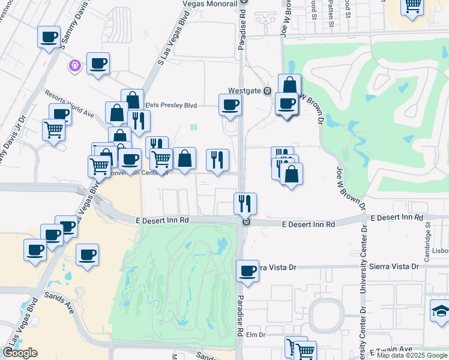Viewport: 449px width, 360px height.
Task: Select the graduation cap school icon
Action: click(441, 311)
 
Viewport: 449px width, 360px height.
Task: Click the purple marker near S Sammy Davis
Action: click(74, 65)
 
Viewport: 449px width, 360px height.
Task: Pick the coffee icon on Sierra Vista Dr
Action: click(247, 271)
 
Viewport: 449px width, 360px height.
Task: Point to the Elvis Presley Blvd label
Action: click(171, 105)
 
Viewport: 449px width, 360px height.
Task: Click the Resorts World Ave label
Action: click(70, 104)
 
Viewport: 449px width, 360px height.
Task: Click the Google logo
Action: click(20, 353)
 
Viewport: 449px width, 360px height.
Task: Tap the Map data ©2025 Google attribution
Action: click(411, 356)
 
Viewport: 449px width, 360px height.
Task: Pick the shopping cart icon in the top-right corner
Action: click(412, 6)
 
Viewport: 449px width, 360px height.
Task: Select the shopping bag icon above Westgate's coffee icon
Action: click(289, 85)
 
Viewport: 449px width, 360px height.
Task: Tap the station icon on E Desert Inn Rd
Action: click(246, 222)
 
